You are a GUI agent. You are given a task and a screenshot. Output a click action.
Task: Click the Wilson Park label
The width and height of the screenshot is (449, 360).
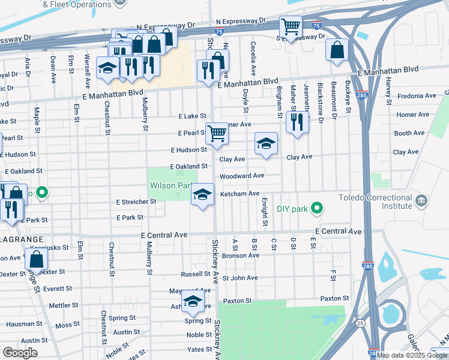(170, 186)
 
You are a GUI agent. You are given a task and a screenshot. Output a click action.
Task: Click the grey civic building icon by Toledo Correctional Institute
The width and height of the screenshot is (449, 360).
(421, 200)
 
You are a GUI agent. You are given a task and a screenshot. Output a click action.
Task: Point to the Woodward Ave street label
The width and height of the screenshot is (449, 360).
(241, 176)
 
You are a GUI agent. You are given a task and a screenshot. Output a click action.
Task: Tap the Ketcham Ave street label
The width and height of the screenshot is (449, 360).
(240, 193)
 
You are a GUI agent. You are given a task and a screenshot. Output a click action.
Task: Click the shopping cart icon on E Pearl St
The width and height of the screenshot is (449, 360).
(217, 133)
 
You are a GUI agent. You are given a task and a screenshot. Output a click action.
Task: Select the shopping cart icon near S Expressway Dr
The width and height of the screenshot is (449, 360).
(291, 27)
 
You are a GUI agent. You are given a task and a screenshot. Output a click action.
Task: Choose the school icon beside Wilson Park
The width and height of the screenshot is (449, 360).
(203, 194)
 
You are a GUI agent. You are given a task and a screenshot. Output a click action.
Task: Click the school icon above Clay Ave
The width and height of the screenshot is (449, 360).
(266, 144)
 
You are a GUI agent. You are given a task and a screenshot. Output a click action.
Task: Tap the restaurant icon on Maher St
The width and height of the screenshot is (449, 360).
(297, 122)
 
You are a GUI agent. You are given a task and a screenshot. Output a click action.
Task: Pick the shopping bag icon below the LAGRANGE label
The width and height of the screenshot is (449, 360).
(37, 259)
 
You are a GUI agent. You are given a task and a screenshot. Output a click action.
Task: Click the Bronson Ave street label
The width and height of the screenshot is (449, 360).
(240, 256)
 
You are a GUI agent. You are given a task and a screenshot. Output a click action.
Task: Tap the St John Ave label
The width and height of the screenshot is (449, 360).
(240, 278)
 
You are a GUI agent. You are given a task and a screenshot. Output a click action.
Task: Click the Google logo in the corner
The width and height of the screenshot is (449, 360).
(20, 352)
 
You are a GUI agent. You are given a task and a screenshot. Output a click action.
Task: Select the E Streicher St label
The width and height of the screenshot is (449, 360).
(136, 202)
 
